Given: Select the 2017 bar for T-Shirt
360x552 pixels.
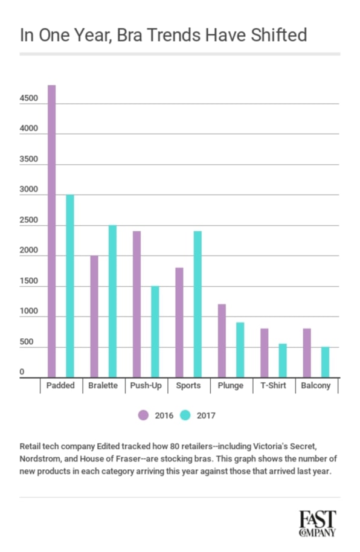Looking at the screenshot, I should tap(282, 360).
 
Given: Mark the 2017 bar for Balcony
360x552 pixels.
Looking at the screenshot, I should tap(324, 361).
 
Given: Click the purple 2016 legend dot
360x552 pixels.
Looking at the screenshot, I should tap(144, 415).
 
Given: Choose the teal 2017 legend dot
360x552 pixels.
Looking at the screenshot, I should tap(186, 415).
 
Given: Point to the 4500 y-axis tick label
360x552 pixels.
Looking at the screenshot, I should tap(29, 98).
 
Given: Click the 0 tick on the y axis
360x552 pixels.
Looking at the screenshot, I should tap(22, 373).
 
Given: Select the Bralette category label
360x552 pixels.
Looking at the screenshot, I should tap(103, 385).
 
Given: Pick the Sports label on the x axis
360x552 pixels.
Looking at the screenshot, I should tap(188, 385).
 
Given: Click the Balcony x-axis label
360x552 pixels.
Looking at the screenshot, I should tap(317, 385).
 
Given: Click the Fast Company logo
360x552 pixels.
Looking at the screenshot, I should tap(317, 523).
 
